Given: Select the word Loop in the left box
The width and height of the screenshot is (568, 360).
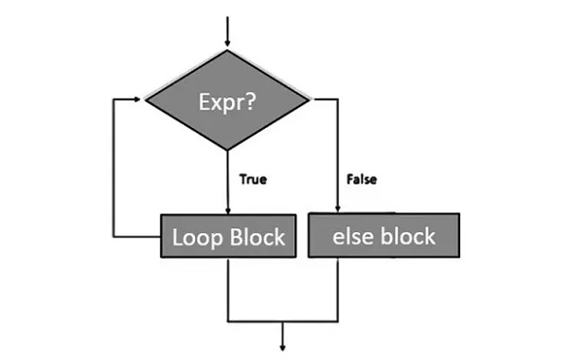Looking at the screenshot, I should click(x=197, y=237).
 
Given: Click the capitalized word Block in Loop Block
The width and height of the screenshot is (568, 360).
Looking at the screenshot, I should click(x=257, y=237).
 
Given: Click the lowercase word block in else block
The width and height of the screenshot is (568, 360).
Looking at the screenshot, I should click(x=407, y=235).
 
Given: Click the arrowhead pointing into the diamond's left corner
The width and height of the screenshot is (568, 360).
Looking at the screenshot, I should click(x=142, y=98).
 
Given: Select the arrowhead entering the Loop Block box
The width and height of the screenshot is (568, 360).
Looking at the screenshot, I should click(x=228, y=211).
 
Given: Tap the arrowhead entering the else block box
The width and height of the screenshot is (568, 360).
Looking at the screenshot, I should click(x=338, y=211).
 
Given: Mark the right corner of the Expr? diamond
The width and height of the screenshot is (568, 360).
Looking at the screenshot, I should click(x=309, y=98).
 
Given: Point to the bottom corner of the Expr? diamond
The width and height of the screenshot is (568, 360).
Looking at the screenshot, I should click(x=228, y=149).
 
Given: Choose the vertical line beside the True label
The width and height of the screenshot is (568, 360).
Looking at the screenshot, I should click(x=228, y=180).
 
